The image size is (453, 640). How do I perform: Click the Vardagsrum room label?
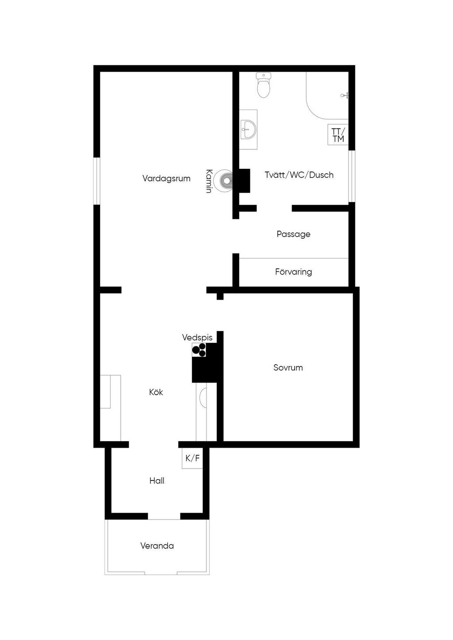(166, 179)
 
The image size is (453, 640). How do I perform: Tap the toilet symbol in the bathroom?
(263, 85)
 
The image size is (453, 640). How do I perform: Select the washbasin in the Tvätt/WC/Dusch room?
(248, 129)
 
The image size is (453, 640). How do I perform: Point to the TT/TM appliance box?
(338, 134)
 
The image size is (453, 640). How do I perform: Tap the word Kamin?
(209, 181)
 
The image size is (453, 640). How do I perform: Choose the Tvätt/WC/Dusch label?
(299, 175)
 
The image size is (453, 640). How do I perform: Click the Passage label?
(293, 234)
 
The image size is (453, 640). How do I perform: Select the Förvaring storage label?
(293, 272)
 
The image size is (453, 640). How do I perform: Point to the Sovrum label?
(288, 367)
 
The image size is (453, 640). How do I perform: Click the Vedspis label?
(197, 337)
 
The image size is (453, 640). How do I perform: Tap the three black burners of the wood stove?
(199, 350)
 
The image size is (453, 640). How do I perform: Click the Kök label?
(156, 392)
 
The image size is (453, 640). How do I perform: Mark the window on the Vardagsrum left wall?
(97, 181)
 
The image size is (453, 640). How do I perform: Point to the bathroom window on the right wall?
(352, 176)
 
